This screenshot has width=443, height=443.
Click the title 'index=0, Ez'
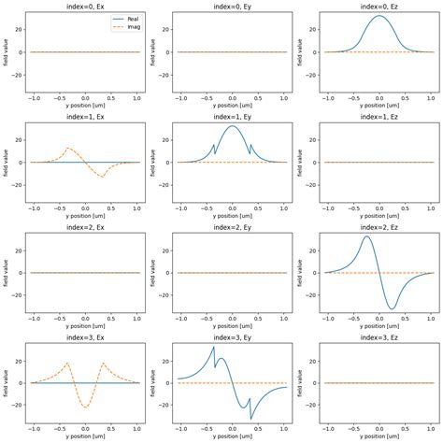379,7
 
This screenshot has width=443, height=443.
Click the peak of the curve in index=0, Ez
379,16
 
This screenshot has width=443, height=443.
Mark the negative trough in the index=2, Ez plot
391,308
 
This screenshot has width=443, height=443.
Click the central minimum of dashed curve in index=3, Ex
85,407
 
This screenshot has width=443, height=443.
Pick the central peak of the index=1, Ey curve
232,126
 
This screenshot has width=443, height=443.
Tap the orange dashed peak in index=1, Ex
69,148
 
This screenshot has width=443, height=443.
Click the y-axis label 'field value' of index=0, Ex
8,52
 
